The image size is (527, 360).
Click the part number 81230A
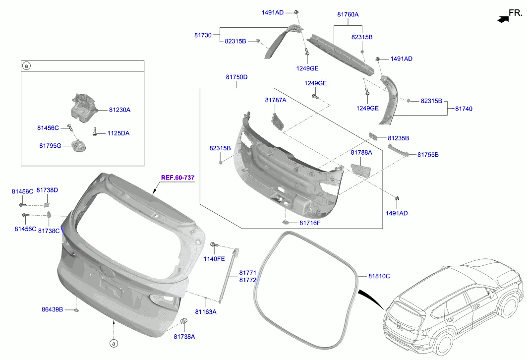tap(119, 110)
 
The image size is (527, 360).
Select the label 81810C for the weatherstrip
tap(379, 276)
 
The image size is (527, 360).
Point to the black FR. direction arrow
tap(504, 19)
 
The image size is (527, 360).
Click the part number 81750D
tap(236, 77)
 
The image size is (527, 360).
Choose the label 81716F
tap(309, 223)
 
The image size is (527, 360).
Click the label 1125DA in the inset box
tap(118, 133)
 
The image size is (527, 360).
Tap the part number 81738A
tap(184, 337)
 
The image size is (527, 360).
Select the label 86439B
tap(52, 309)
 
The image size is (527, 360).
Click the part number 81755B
tap(428, 155)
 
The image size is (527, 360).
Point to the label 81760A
tap(348, 15)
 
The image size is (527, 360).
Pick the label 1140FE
tap(214, 258)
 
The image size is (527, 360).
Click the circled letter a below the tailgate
tap(113, 343)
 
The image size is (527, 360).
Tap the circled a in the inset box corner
tap(27, 65)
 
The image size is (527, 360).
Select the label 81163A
tap(205, 312)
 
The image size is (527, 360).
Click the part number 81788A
tap(361, 153)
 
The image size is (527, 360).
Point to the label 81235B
tap(398, 138)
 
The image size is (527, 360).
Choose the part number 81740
tap(464, 108)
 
